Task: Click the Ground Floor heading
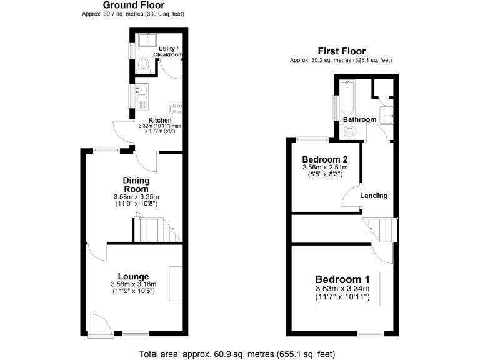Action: pyautogui.click(x=125, y=5)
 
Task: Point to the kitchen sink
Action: pyautogui.click(x=141, y=92)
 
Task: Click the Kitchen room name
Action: pyautogui.click(x=160, y=121)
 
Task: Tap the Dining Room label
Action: pyautogui.click(x=136, y=185)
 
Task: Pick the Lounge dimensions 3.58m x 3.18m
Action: pyautogui.click(x=134, y=284)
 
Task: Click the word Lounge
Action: pyautogui.click(x=133, y=276)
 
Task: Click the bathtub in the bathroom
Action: pyautogui.click(x=346, y=96)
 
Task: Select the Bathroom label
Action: pyautogui.click(x=359, y=119)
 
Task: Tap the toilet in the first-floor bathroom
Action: pyautogui.click(x=350, y=131)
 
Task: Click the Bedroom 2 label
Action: pyautogui.click(x=325, y=158)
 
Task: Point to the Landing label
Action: pyautogui.click(x=374, y=196)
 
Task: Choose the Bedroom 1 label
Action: pyautogui.click(x=342, y=279)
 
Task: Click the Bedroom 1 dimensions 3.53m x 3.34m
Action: pyautogui.click(x=342, y=289)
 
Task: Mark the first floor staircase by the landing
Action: pyautogui.click(x=381, y=229)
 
